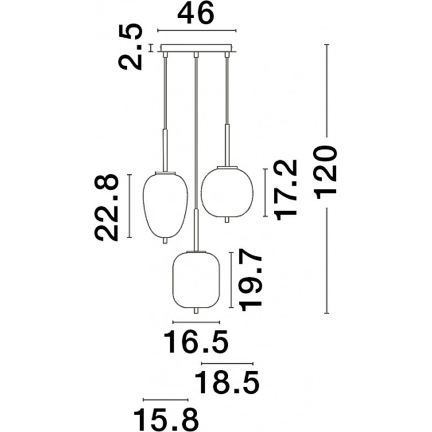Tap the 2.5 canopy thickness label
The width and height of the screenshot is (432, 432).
click(131, 47)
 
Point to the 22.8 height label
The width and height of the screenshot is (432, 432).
click(106, 207)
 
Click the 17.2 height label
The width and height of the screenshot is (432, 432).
click(286, 190)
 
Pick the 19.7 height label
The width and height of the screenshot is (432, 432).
click(250, 279)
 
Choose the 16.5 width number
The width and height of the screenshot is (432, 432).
click(196, 342)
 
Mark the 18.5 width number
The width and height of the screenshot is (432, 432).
click(227, 383)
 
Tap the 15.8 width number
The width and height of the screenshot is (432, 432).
click(166, 419)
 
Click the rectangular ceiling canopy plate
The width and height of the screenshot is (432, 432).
click(197, 48)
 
